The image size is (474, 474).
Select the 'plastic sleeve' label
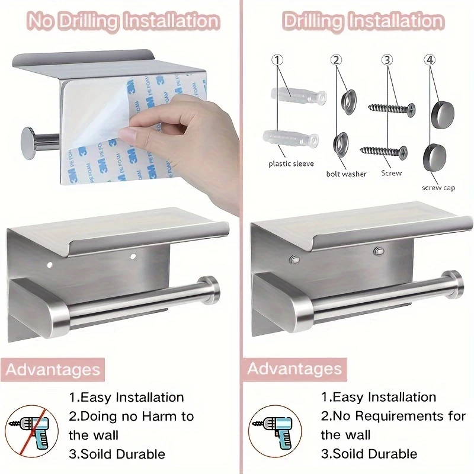coord(291,164)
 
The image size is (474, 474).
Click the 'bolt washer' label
coord(346,174)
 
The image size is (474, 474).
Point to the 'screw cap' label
coord(438,187)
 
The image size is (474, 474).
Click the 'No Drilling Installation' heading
coord(124,22)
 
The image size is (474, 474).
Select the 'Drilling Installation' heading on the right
coord(363,22)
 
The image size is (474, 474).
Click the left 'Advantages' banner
coord(53,369)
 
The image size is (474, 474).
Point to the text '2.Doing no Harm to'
coord(132,416)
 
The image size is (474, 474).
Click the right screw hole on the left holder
coord(133,257)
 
